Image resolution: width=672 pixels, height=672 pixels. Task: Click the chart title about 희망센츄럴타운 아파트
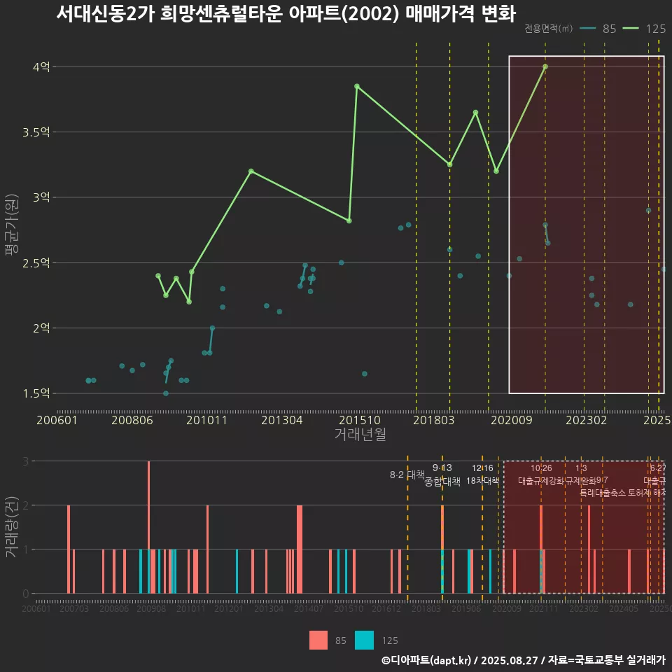(x=286, y=14)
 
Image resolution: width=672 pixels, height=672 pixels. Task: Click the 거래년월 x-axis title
(x=360, y=434)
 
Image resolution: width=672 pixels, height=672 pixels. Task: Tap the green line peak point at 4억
(x=545, y=66)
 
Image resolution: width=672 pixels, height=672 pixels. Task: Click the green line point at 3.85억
(x=357, y=86)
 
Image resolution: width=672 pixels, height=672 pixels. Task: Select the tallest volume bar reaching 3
(x=148, y=526)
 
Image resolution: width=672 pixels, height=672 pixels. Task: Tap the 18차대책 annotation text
(x=482, y=481)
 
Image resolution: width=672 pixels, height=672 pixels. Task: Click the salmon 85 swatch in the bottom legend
(x=318, y=640)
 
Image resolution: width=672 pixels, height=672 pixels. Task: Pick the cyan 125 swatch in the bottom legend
(x=364, y=640)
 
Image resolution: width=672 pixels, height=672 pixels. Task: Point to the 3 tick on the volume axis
(x=25, y=461)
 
